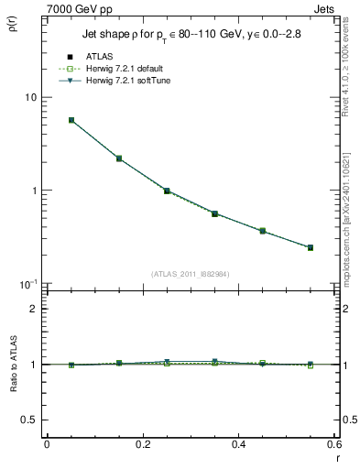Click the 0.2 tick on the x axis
coord(143,446)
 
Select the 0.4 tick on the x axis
coord(239,446)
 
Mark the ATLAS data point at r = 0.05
coord(71,120)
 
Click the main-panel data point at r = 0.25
coord(167,191)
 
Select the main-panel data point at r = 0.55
coord(311,247)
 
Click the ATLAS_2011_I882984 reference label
coord(190,274)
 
